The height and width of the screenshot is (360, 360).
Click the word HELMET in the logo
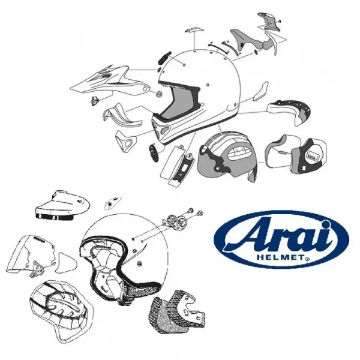pos(280,257)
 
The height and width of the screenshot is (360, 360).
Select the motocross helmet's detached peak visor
pos(110,82)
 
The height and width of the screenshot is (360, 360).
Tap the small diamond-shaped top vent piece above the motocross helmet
pos(194,31)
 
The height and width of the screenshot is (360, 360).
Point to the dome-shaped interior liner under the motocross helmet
pos(227,155)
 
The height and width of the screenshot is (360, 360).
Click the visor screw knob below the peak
pos(94,101)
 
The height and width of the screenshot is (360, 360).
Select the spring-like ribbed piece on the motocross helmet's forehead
pos(164,58)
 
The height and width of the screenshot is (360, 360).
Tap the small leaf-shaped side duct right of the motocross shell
pos(261,91)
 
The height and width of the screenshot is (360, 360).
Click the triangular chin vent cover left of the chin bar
pos(126,140)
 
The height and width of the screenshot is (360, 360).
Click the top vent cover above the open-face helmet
pos(62,205)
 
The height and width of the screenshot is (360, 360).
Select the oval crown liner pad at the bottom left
pos(62,311)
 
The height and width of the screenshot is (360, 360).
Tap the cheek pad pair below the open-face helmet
pos(178,310)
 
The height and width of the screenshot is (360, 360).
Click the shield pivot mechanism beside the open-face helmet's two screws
pos(175,221)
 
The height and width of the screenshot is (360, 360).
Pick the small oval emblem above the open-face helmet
pos(113,203)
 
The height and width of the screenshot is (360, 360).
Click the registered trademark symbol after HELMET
pos(307,259)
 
